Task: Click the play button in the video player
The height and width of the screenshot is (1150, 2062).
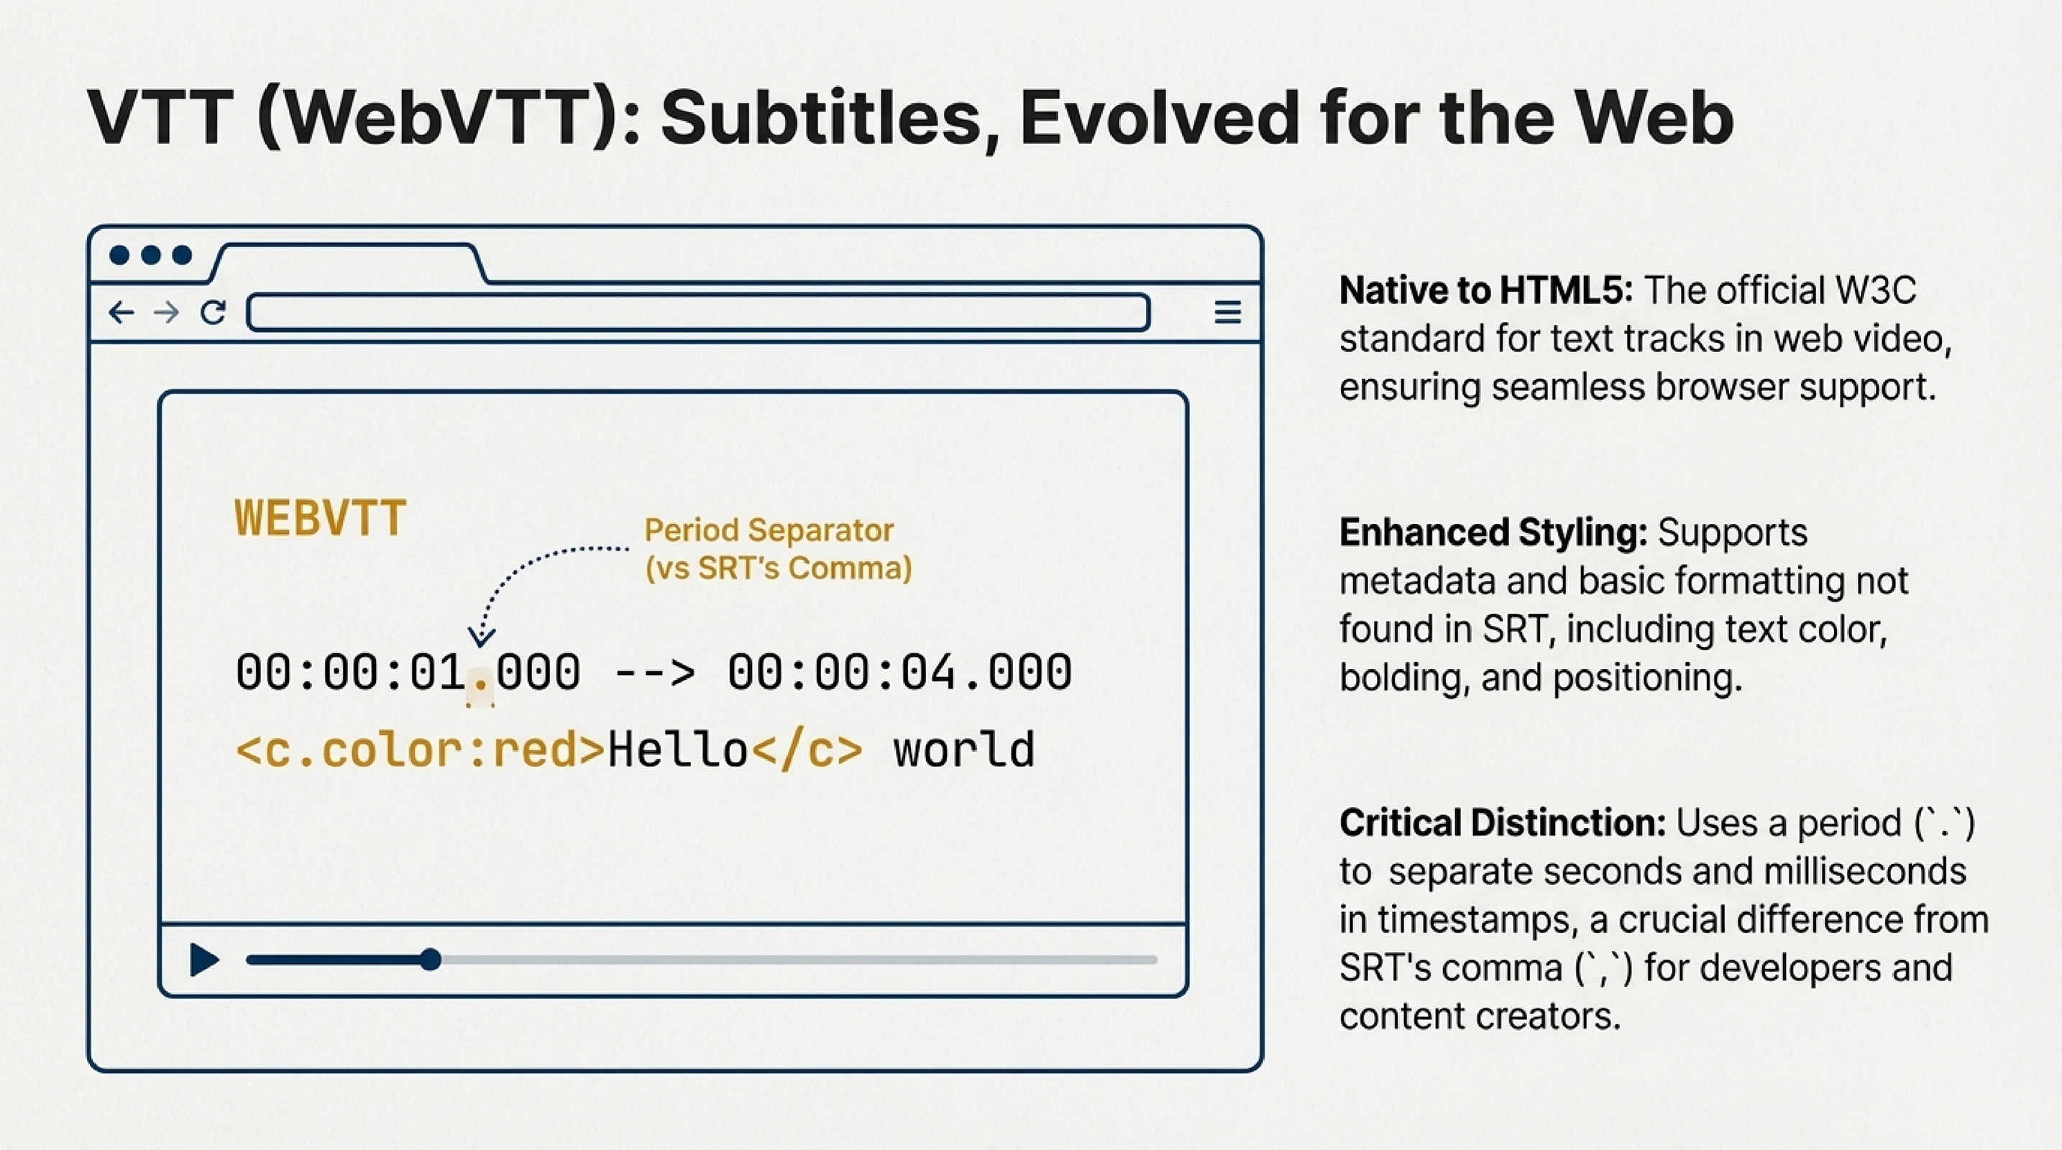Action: (x=204, y=960)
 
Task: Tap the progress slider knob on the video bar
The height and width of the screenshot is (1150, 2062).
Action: (x=431, y=960)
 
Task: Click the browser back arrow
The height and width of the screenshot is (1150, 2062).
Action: (x=121, y=312)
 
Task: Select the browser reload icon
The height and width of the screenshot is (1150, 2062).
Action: (x=213, y=312)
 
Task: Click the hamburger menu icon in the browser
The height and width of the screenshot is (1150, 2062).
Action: (x=1227, y=312)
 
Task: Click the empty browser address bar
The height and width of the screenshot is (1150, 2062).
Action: (x=698, y=312)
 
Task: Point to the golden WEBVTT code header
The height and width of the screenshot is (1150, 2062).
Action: (x=320, y=519)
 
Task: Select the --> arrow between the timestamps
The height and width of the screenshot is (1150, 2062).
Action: (x=654, y=673)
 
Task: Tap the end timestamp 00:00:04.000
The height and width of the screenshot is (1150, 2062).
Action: (x=899, y=673)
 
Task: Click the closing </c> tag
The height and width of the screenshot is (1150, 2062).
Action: (x=807, y=750)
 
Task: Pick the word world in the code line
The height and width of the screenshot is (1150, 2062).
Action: (x=963, y=750)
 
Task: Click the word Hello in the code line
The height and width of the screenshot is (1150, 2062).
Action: (x=677, y=750)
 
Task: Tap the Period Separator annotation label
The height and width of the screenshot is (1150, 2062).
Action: (x=769, y=530)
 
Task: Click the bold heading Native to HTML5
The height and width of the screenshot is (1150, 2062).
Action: (x=1485, y=290)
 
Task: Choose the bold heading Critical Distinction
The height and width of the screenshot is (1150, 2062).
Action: (x=1503, y=824)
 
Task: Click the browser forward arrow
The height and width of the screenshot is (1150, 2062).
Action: (x=167, y=312)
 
